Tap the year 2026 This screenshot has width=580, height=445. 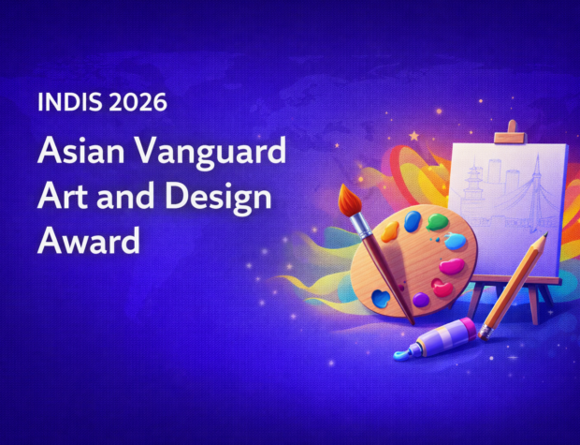pos(138,101)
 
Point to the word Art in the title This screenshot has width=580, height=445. pos(60,199)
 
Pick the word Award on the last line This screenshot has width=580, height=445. pos(89,242)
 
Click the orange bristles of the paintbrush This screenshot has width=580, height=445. pos(351,199)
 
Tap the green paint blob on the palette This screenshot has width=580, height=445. pos(438,223)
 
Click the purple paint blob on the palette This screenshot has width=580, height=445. pos(421,300)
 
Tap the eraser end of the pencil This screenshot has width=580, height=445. pos(484,333)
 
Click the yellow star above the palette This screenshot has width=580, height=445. pos(414,136)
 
